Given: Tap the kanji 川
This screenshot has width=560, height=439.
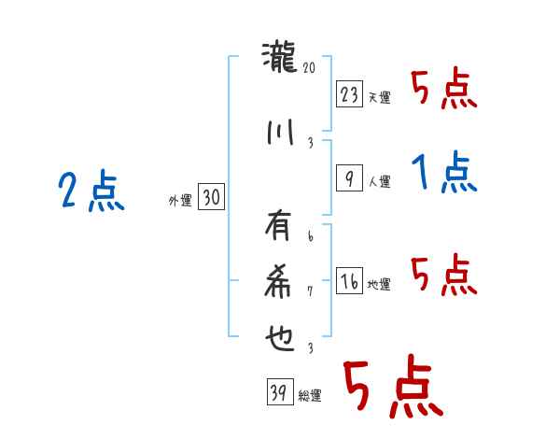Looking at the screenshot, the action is click(x=280, y=133).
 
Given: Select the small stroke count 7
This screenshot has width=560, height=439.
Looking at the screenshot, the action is click(x=310, y=291).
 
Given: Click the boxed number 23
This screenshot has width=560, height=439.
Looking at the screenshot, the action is click(x=349, y=93).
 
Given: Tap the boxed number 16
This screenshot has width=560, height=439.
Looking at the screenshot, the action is click(x=349, y=282).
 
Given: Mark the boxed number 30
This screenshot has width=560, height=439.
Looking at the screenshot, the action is click(x=211, y=197).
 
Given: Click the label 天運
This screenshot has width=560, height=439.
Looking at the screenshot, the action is click(x=379, y=97).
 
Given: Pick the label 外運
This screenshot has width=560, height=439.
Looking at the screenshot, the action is click(x=179, y=200).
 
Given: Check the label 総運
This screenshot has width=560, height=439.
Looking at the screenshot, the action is click(x=310, y=396).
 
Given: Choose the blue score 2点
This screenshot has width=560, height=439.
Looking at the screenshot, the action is click(x=91, y=192).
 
